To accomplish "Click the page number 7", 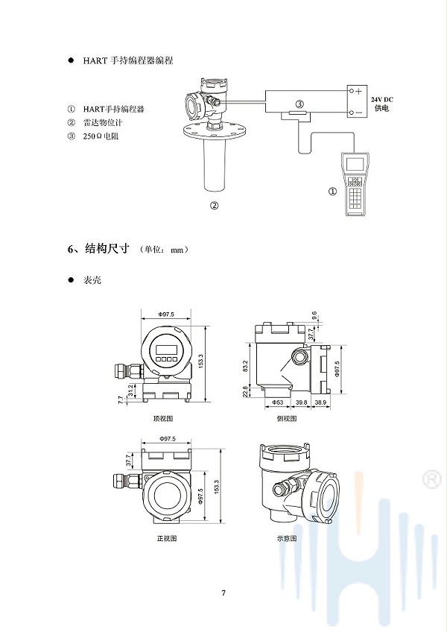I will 223,593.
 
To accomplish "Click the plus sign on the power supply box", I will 358,91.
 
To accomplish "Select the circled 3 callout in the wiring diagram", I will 299,104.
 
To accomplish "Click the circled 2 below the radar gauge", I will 214,206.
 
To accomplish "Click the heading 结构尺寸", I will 107,249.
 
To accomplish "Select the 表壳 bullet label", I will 92,280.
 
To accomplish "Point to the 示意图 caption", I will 286,537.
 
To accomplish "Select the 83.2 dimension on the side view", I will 244,365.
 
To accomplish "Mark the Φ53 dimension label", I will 277,402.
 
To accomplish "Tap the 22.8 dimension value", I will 244,391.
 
